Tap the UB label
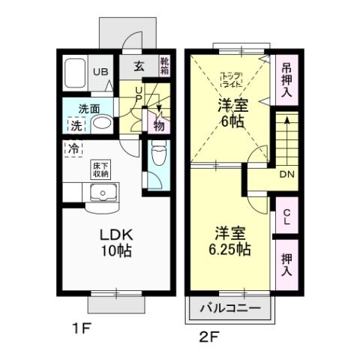pos(99,72)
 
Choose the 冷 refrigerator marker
pos(75,148)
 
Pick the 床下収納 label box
pos(100,169)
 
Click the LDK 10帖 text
pos(115,242)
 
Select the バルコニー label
pos(231,309)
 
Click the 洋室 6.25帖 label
pos(226,240)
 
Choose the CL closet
pos(286,217)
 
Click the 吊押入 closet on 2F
pos(287,79)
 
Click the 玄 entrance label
pos(139,66)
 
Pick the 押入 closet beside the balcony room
pos(286,263)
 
